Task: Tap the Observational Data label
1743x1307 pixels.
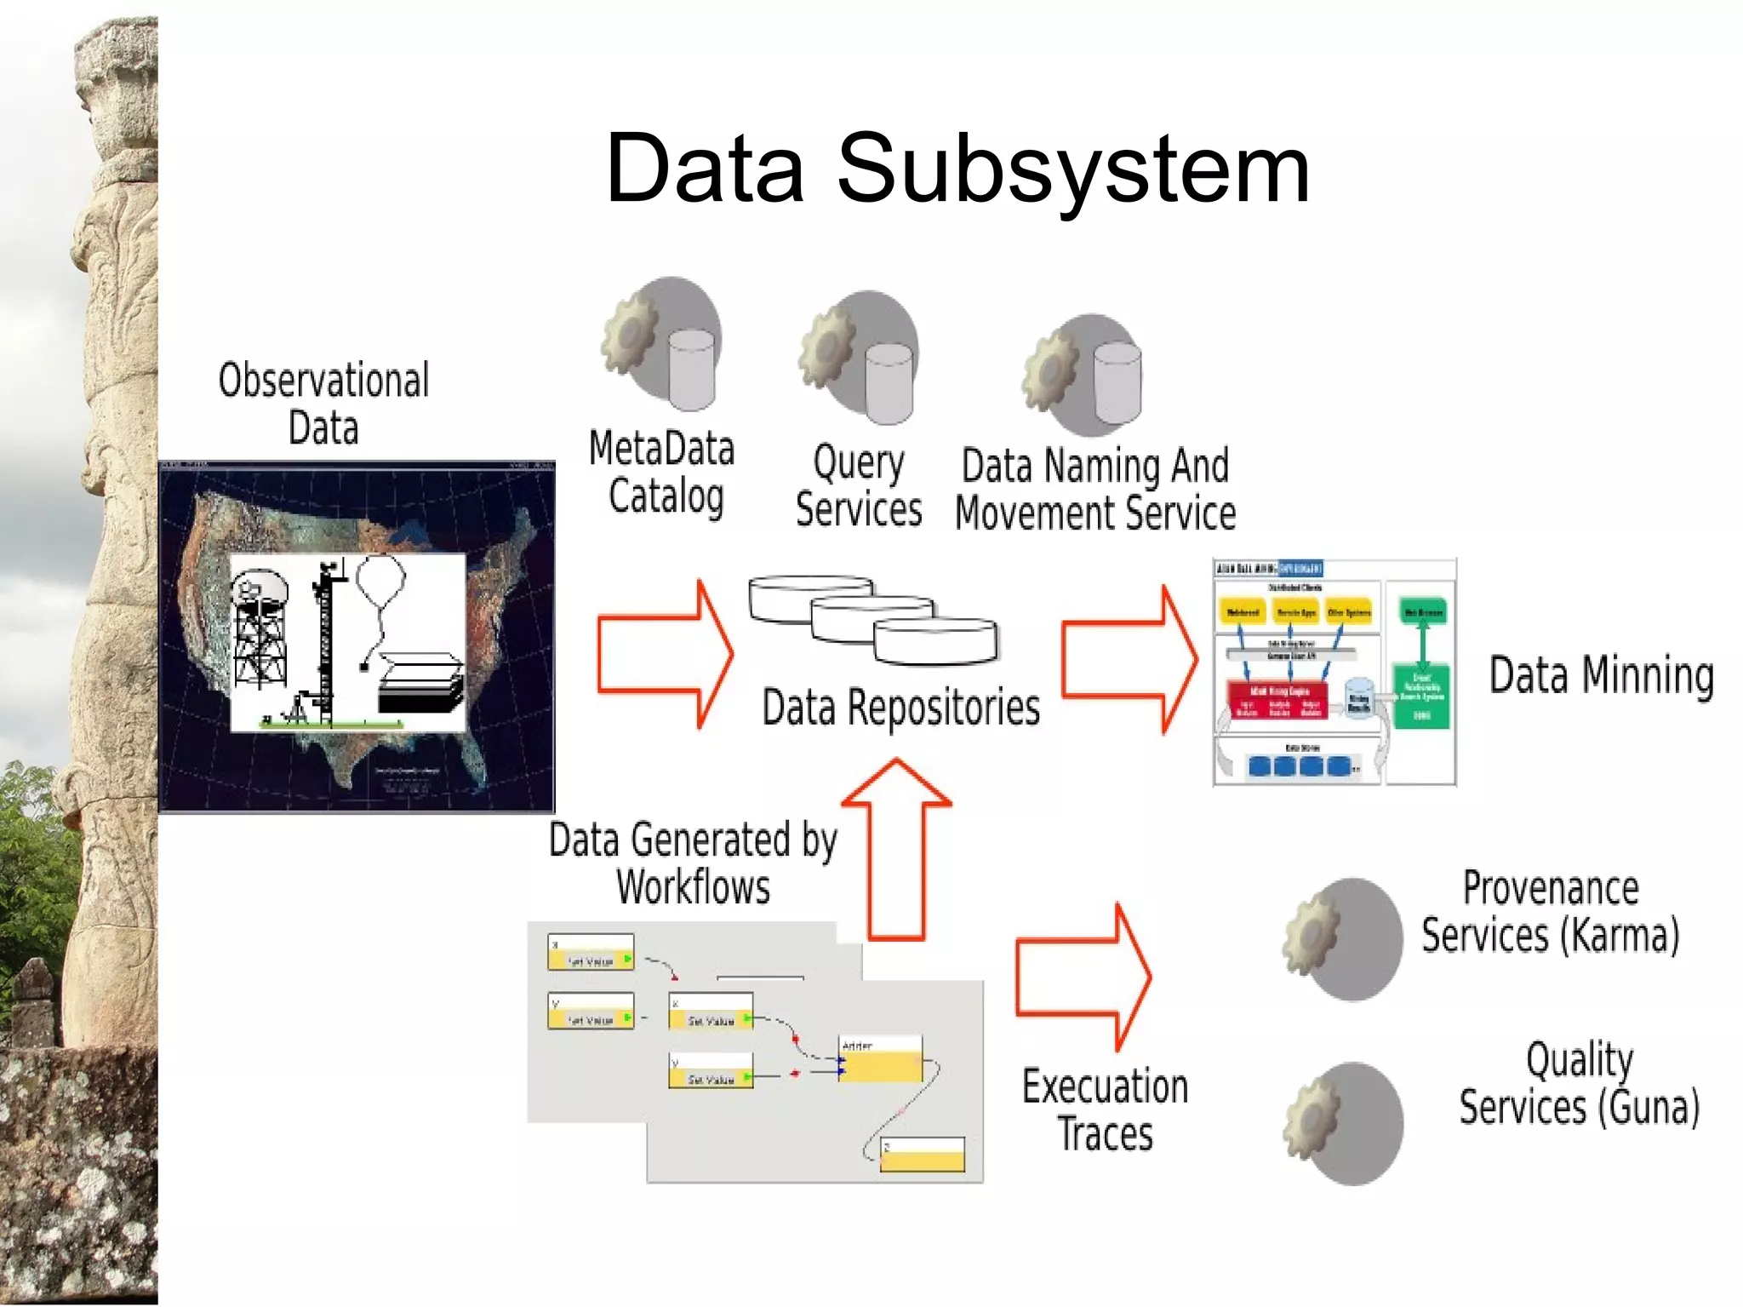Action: click(323, 404)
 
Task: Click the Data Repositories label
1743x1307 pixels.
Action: click(900, 708)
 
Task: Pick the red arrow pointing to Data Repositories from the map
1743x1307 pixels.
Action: click(665, 654)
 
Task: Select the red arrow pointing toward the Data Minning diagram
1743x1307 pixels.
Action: click(1129, 659)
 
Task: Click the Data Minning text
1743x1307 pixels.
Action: click(1601, 676)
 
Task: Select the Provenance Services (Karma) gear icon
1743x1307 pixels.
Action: click(1343, 939)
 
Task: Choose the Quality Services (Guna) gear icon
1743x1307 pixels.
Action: click(1343, 1123)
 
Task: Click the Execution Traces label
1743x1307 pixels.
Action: click(1105, 1109)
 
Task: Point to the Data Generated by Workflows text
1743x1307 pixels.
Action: click(693, 863)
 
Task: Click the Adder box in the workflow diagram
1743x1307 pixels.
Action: click(880, 1059)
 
